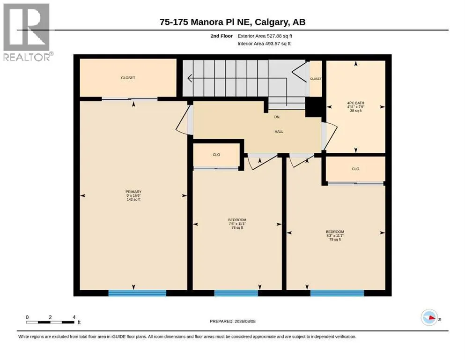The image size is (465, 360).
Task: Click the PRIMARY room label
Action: (133, 192)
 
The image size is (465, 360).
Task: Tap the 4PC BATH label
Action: (355, 103)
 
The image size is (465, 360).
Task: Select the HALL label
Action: (279, 131)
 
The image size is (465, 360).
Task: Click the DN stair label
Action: (277, 117)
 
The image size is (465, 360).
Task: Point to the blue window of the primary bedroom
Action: (137, 293)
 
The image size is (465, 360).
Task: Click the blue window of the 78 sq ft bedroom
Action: (236, 293)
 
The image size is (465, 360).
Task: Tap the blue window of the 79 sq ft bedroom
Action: (337, 293)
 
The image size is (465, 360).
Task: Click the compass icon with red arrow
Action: (429, 317)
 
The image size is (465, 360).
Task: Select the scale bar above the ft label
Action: (50, 322)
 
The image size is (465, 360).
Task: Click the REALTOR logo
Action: (27, 32)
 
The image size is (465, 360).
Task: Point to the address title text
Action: (232, 22)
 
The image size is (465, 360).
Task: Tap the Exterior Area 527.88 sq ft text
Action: (265, 36)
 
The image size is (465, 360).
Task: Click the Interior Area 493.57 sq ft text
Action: (264, 43)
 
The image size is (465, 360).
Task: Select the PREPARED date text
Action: (232, 321)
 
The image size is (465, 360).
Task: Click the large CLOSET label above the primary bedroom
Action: (128, 78)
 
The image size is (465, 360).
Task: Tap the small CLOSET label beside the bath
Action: (316, 79)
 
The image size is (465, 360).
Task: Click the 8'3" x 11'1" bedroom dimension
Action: (335, 236)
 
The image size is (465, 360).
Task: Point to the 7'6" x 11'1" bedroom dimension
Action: (237, 224)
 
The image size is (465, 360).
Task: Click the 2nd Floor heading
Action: (221, 36)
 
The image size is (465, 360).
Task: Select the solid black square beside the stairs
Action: (313, 107)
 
